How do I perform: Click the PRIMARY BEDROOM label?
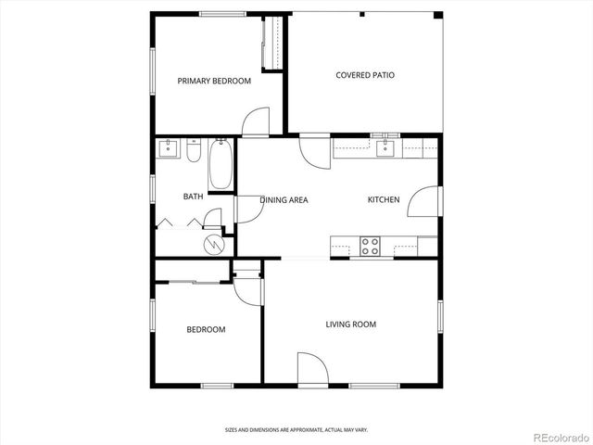pos(214,81)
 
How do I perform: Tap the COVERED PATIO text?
pos(364,75)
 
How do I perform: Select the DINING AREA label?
pos(284,199)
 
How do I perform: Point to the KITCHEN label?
pos(384,199)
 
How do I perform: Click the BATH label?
pos(193,196)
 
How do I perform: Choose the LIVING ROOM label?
pos(350,324)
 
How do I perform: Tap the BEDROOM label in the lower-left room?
pos(206,329)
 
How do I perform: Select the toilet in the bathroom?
pos(194,150)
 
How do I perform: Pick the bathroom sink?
pos(169,148)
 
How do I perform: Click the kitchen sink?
pos(385,147)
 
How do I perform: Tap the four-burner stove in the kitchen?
pos(370,247)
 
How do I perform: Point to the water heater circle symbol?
pos(215,244)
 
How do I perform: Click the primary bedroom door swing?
pos(256,122)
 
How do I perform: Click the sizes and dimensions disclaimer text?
pos(296,429)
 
